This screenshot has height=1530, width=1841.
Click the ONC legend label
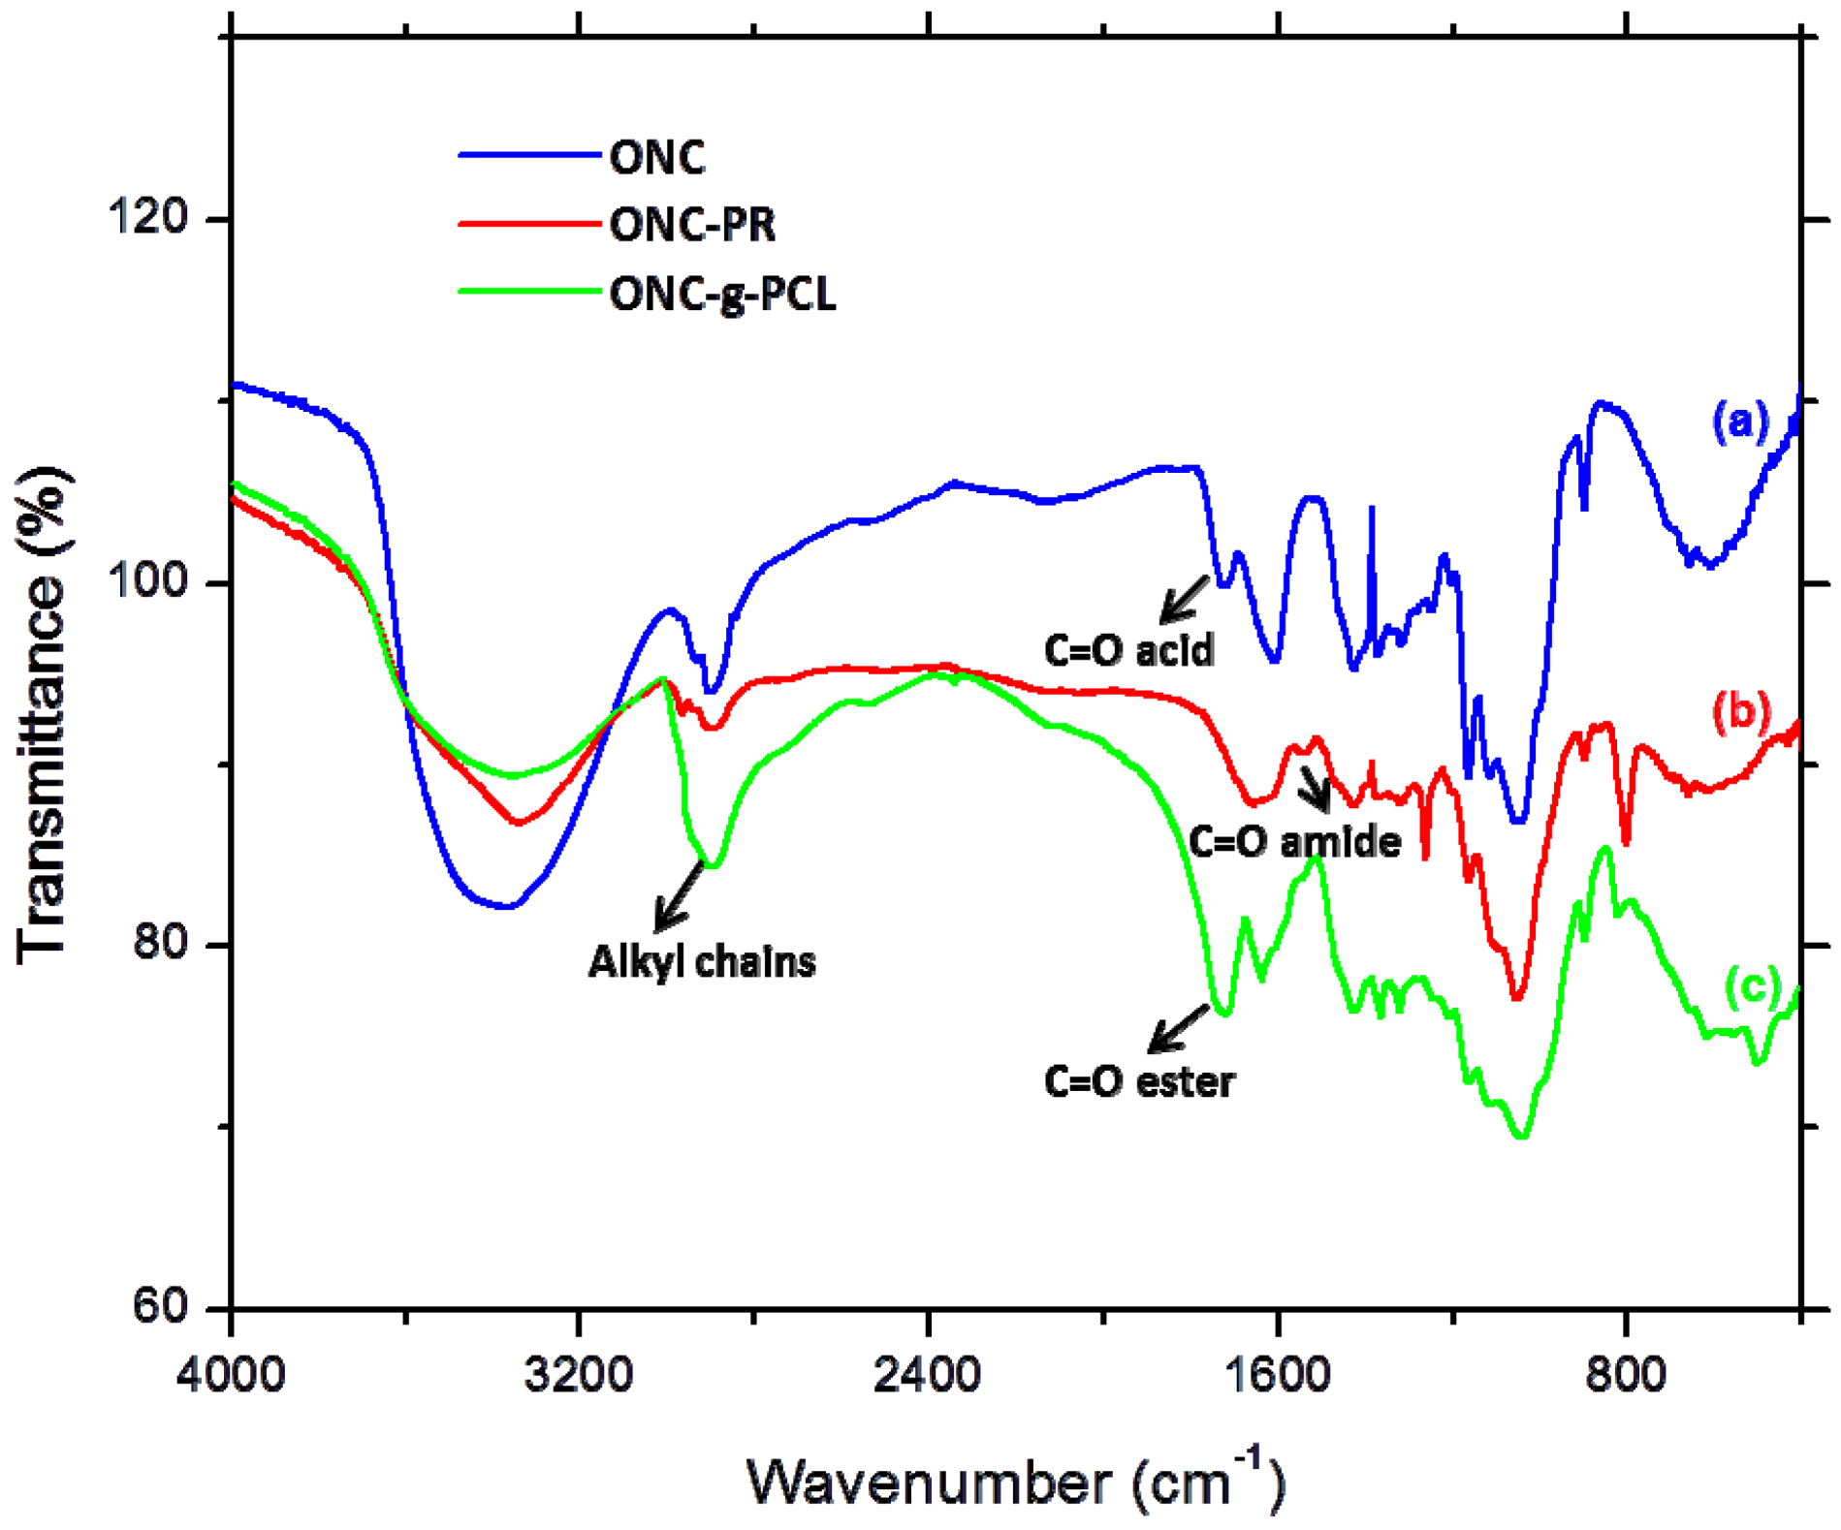(x=656, y=157)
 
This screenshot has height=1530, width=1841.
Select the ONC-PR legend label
(x=692, y=226)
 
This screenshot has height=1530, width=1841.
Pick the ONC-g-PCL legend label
(x=722, y=295)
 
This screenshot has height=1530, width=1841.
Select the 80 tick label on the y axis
(x=160, y=944)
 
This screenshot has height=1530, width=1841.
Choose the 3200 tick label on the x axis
(x=579, y=1375)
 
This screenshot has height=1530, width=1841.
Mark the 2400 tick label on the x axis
(x=928, y=1375)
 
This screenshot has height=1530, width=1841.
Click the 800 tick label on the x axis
(x=1626, y=1375)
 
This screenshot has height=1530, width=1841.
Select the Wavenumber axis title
(x=1015, y=1481)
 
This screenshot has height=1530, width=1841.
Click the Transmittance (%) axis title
(x=44, y=715)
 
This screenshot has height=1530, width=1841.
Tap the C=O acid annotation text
(x=1128, y=650)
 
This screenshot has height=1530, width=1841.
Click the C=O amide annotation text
(x=1294, y=842)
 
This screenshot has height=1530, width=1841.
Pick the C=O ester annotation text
(x=1139, y=1081)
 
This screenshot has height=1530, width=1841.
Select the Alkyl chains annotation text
(x=702, y=962)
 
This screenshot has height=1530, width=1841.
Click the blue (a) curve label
(x=1739, y=422)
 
